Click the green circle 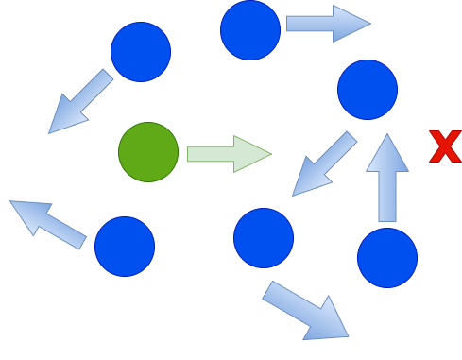[148, 152]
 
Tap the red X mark [444, 147]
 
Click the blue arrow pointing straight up [387, 180]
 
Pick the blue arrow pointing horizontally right [327, 24]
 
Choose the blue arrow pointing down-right [304, 310]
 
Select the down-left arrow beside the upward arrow [324, 164]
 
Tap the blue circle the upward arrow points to [368, 90]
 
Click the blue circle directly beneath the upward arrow [387, 257]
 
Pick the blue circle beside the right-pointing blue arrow [250, 30]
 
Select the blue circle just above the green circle [141, 52]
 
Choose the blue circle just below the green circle [125, 247]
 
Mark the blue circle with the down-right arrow [264, 238]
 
